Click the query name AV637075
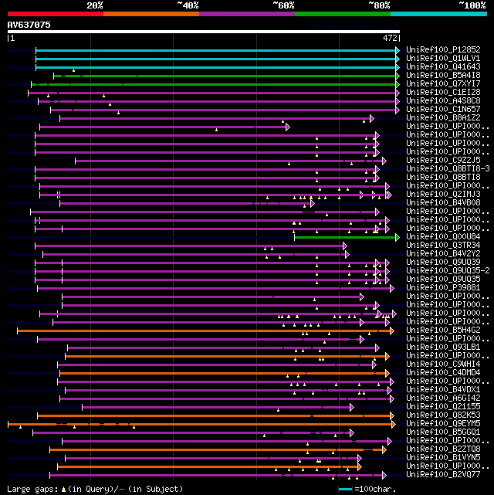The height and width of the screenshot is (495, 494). pos(29,25)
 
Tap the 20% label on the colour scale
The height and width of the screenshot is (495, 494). pos(95,5)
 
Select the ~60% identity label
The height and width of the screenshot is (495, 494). pos(283,5)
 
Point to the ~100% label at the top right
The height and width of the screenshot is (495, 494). pos(472,5)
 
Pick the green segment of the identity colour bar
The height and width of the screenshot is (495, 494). pos(342,13)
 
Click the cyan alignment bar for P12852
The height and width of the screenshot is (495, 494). pos(216,49)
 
